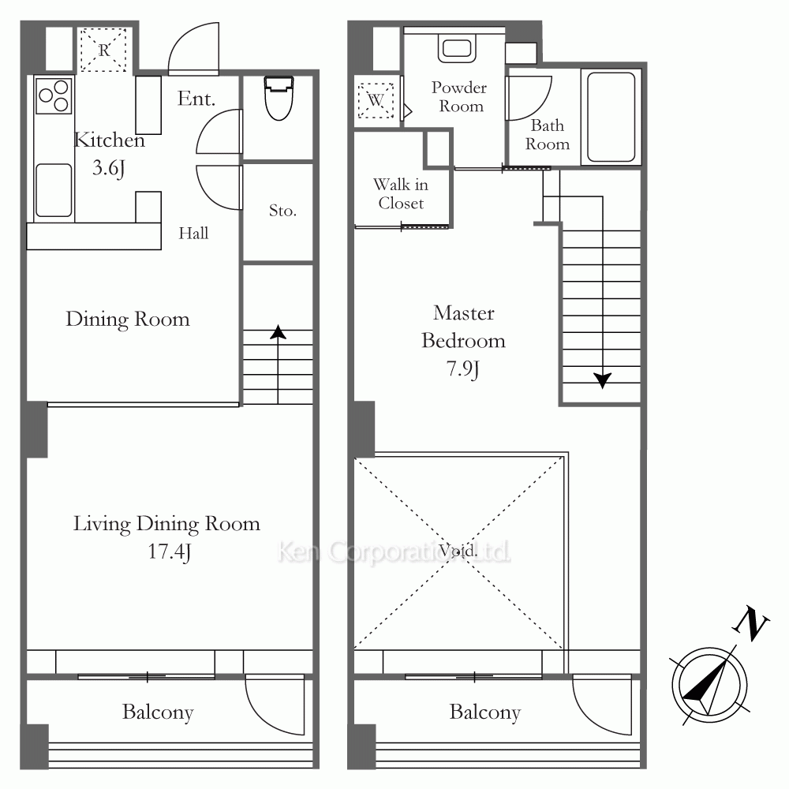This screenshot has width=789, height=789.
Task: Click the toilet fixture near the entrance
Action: (x=279, y=98)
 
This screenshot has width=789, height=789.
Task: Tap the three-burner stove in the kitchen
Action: (x=54, y=95)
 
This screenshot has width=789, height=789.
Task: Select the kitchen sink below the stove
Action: (x=54, y=190)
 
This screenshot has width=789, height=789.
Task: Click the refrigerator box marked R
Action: (x=103, y=50)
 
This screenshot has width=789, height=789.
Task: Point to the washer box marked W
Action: (x=376, y=101)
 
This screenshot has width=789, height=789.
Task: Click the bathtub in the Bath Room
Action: (x=611, y=117)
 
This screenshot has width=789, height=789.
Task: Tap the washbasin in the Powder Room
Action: (x=457, y=49)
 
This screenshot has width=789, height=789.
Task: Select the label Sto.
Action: (x=282, y=211)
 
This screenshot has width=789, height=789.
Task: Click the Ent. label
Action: (x=196, y=99)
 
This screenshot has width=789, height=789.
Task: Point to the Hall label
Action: (x=194, y=233)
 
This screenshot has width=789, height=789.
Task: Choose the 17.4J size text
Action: (x=169, y=552)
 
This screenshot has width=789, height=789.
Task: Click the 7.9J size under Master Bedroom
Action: (x=463, y=369)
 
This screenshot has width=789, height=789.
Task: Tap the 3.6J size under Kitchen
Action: (x=109, y=168)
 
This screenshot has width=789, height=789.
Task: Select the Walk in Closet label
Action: (x=401, y=194)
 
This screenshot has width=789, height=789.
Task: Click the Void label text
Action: (x=457, y=550)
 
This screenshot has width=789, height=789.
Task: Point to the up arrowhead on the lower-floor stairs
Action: (x=278, y=331)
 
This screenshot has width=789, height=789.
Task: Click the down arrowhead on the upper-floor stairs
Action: (x=602, y=380)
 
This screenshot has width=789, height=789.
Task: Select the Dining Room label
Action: (x=128, y=320)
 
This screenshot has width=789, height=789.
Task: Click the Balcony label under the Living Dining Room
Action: (x=158, y=712)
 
